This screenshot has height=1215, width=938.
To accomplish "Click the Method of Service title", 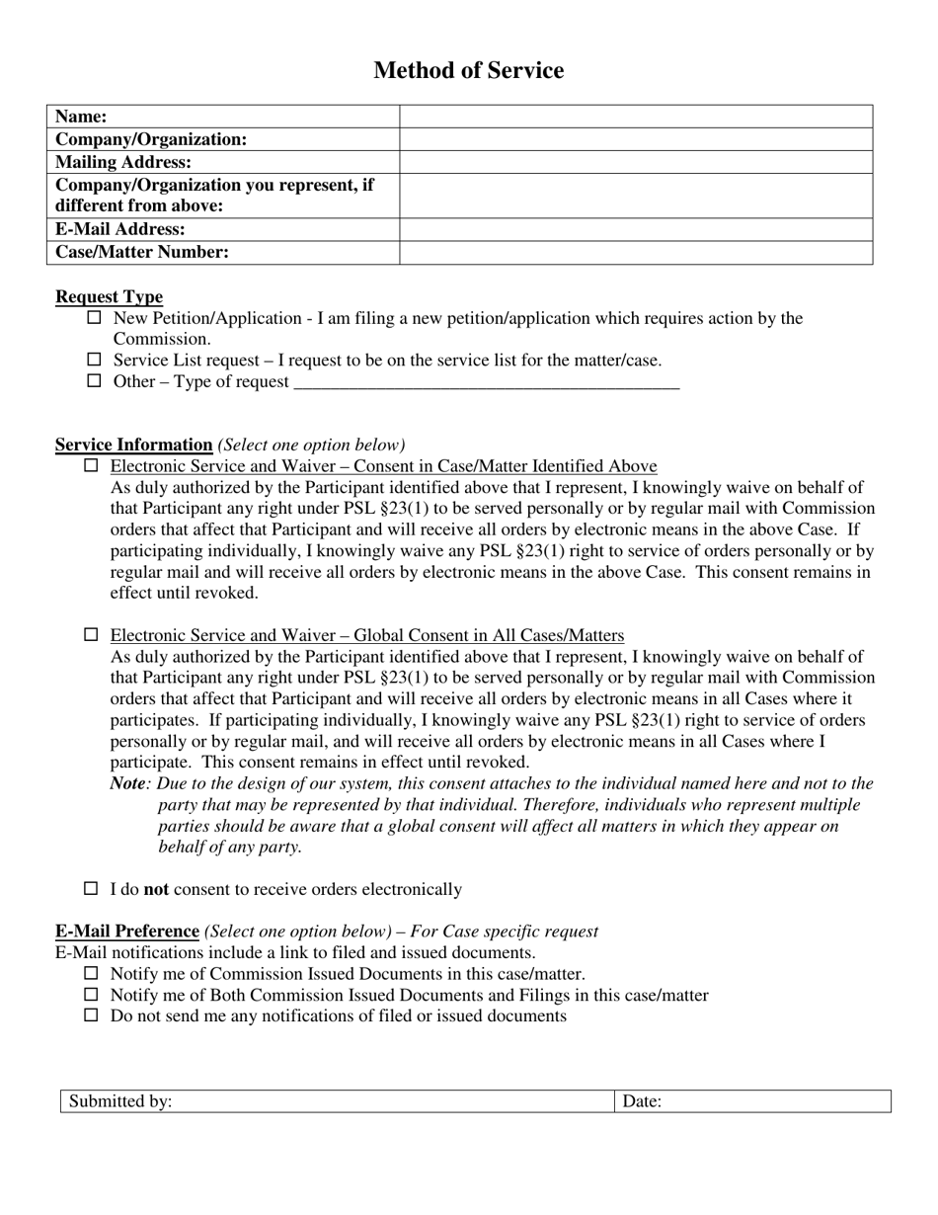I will (x=468, y=70).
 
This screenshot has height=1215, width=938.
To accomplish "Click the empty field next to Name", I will (x=636, y=117).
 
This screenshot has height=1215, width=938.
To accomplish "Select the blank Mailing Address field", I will (x=636, y=162).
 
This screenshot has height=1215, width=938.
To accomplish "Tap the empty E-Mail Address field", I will (x=636, y=229).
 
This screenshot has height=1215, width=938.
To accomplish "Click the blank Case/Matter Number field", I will (x=636, y=252).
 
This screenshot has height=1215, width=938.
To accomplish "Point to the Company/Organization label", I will (x=151, y=139).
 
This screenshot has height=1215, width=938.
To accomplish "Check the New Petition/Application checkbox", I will (x=95, y=318).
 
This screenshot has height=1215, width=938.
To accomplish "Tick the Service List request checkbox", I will (x=95, y=360).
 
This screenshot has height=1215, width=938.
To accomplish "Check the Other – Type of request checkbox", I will (x=95, y=381).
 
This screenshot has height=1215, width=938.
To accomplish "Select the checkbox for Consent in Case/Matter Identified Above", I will (x=92, y=465).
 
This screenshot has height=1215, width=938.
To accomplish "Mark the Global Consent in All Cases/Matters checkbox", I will (x=92, y=634).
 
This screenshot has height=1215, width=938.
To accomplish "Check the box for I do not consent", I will (x=92, y=889).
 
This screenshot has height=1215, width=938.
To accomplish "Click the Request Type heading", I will (x=109, y=297).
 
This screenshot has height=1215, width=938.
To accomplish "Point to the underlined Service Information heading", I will (x=133, y=445).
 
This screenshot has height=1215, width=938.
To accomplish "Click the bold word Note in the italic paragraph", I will (x=127, y=783).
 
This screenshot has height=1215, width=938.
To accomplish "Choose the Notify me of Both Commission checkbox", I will (x=92, y=995).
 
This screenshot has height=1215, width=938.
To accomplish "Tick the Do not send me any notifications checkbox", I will (x=92, y=1015).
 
